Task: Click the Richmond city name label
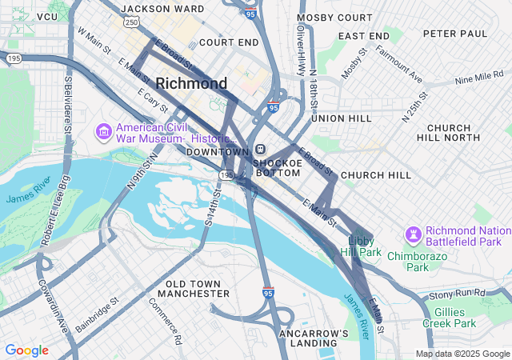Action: pyautogui.click(x=191, y=83)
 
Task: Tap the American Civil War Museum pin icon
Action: pyautogui.click(x=104, y=130)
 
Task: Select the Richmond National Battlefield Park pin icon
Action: pyautogui.click(x=413, y=234)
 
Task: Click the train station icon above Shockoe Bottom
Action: pyautogui.click(x=261, y=150)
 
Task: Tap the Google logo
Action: pyautogui.click(x=26, y=350)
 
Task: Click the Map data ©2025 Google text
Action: pyautogui.click(x=462, y=354)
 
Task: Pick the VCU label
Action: pyautogui.click(x=47, y=16)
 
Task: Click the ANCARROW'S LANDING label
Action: pyautogui.click(x=314, y=338)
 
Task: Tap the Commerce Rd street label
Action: pyautogui.click(x=166, y=321)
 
